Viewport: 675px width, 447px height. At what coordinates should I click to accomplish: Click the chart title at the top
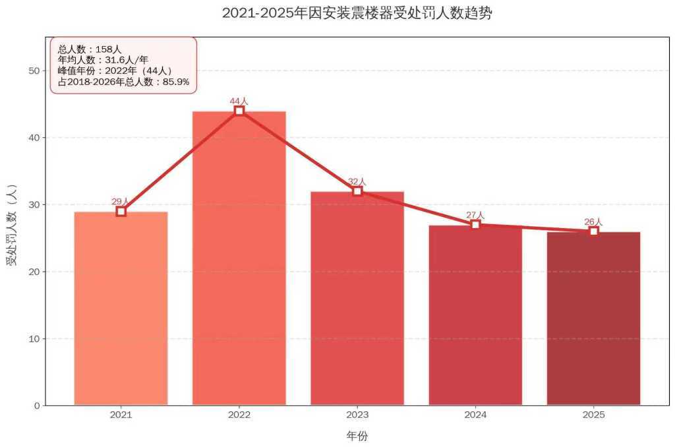[x=357, y=13]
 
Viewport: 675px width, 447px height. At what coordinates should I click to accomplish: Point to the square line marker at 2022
[x=239, y=111]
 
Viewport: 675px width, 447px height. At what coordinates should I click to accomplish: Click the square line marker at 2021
[x=121, y=211]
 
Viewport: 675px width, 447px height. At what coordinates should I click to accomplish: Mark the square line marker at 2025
[x=593, y=231]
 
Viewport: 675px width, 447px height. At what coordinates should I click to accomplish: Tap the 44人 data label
[x=239, y=101]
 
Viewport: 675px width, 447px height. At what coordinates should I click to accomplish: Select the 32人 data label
[x=357, y=181]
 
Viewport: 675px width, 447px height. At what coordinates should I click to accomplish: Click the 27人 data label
[x=475, y=215]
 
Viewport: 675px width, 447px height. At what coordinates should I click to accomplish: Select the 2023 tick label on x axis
[x=357, y=415]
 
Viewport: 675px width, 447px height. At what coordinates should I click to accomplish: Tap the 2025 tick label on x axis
[x=593, y=415]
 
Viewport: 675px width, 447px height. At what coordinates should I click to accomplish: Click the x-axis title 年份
[x=357, y=436]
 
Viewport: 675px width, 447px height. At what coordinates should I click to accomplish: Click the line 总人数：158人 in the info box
[x=90, y=49]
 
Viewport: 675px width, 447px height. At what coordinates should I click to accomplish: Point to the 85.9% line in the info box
[x=123, y=82]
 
